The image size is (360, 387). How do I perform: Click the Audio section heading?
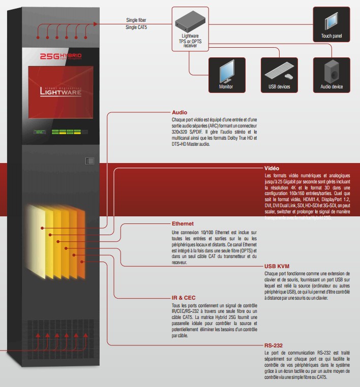(x=179, y=112)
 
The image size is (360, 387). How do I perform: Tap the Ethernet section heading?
(x=183, y=223)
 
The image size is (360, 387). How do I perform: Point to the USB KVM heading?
(x=277, y=266)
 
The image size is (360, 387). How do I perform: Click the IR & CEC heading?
(x=184, y=298)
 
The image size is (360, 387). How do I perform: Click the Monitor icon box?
(x=226, y=75)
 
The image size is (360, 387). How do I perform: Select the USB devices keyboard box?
(x=279, y=75)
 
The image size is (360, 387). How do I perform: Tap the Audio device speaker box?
(x=332, y=75)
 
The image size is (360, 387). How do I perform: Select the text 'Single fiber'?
(x=136, y=20)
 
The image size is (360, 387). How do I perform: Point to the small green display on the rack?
(x=40, y=134)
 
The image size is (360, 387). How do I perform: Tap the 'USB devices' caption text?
(x=279, y=87)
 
